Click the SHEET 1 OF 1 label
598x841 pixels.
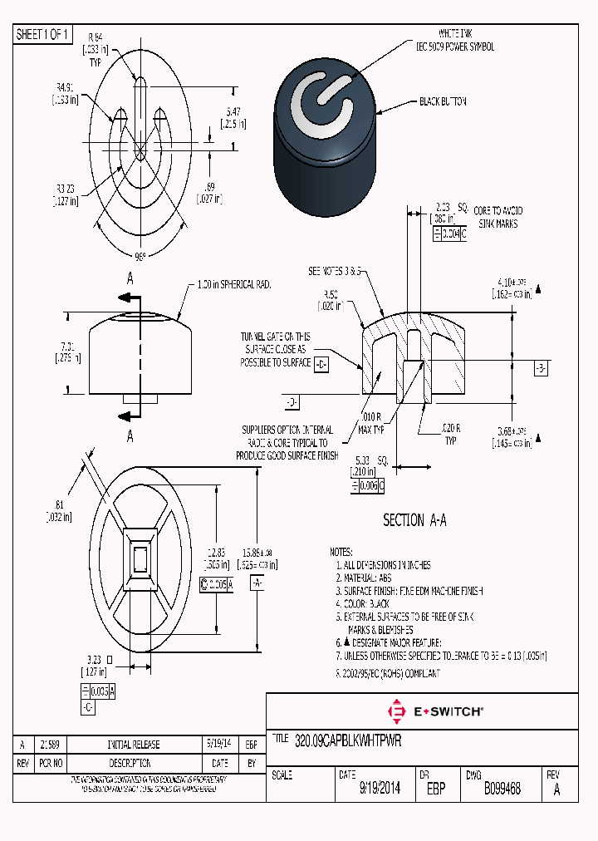tap(43, 35)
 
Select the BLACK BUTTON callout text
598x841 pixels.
tap(443, 101)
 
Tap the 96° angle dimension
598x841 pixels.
tap(140, 255)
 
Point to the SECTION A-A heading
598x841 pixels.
tap(414, 520)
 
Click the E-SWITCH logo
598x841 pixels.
tap(435, 711)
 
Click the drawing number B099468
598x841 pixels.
tap(502, 789)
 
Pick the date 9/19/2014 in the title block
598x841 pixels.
tap(380, 789)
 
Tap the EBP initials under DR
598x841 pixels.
tap(436, 789)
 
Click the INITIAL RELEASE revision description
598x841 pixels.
tap(133, 745)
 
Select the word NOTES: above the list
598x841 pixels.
tap(341, 552)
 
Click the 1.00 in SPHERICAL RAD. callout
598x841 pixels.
tap(234, 284)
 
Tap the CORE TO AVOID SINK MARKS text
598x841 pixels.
tap(499, 218)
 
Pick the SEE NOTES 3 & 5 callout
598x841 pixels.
tap(336, 271)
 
